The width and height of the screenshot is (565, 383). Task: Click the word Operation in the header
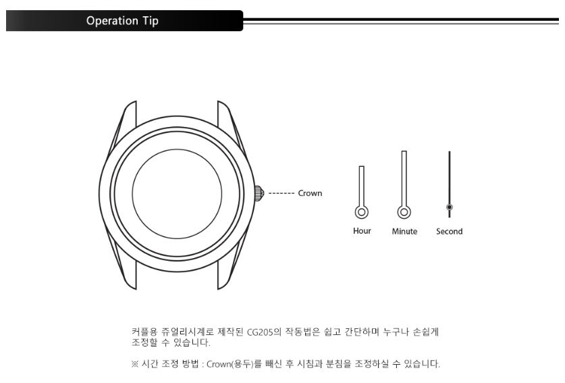pos(112,21)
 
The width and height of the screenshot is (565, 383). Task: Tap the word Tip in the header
pos(151,21)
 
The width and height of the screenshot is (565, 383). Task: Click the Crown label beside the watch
pos(310,193)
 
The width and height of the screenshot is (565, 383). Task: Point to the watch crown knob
pos(259,193)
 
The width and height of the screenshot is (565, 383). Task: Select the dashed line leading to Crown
pos(281,194)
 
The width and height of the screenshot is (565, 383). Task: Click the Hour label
pos(362,231)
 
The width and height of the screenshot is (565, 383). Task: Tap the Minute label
pos(404,231)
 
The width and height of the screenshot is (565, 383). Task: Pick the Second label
pos(450,231)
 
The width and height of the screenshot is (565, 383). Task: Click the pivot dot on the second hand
pos(450,207)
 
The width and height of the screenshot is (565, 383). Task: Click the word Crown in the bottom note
pos(218,364)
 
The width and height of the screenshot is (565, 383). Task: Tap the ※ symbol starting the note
pos(135,364)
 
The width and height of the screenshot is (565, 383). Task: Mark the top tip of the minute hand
pos(404,151)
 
